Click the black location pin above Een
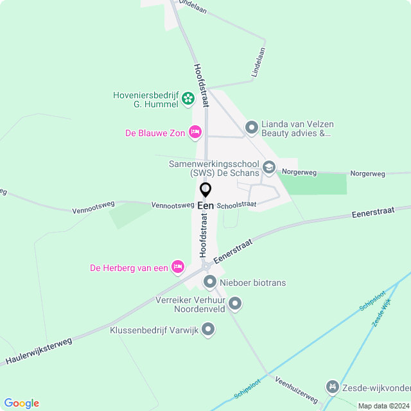[x=206, y=190]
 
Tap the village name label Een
[x=206, y=205]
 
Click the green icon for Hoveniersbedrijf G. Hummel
[x=188, y=99]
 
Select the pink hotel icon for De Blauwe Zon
[x=196, y=133]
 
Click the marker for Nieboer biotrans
[x=210, y=282]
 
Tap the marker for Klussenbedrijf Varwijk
[x=208, y=330]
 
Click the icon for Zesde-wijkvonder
[x=333, y=387]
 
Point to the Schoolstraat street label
[x=237, y=205]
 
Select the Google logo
[x=21, y=403]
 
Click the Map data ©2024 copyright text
[x=383, y=406]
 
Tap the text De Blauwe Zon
[x=155, y=134]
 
